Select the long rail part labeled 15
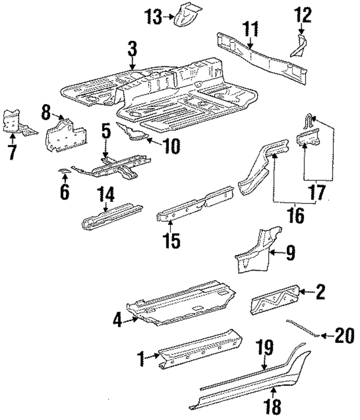[x=194, y=207]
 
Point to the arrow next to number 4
[x=133, y=321]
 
